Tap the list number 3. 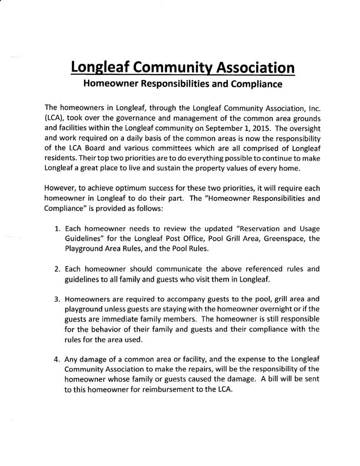pos(57,299)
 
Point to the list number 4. pos(57,360)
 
